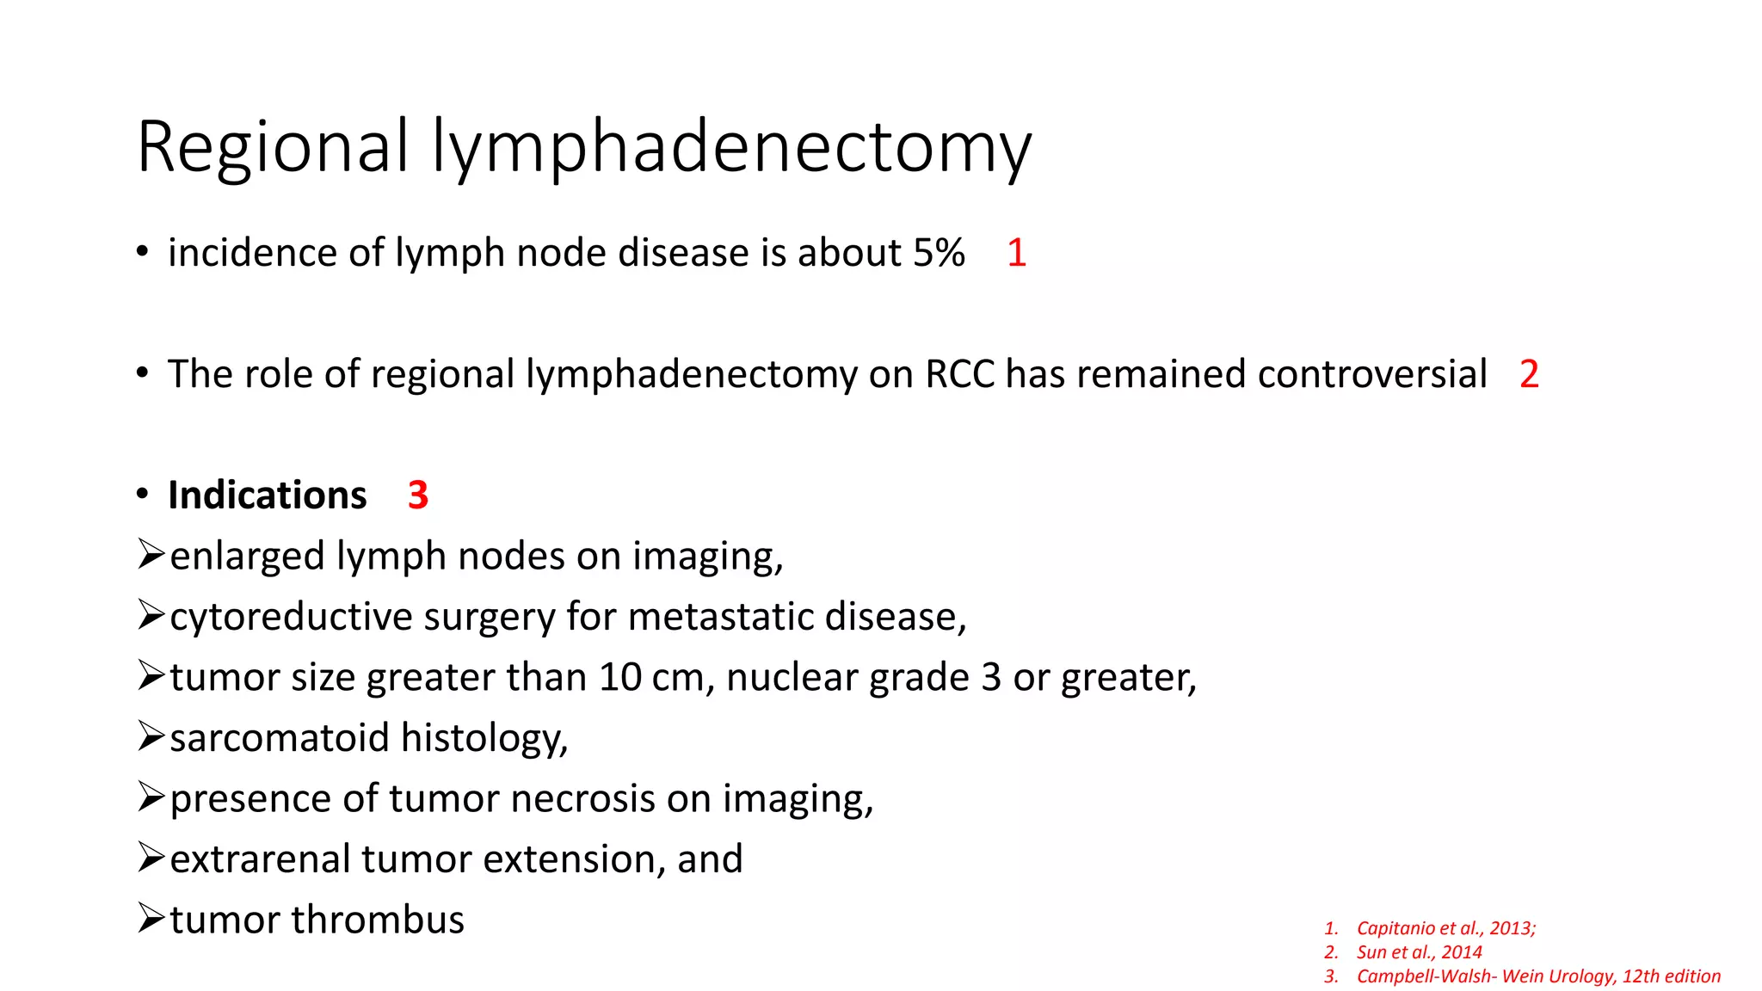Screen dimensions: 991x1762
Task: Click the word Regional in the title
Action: tap(272, 146)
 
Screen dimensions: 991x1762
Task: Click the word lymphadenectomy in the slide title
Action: tap(731, 148)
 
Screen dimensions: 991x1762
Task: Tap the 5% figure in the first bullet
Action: tap(939, 253)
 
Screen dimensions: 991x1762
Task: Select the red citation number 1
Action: tap(1016, 253)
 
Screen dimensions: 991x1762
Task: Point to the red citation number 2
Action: tap(1529, 374)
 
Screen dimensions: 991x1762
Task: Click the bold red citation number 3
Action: tap(418, 495)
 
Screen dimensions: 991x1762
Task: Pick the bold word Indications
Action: tap(268, 495)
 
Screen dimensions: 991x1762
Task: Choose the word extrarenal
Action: tap(260, 859)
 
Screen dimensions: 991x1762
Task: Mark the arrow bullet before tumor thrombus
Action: tap(151, 919)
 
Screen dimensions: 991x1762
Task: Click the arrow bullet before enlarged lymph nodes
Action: tap(151, 555)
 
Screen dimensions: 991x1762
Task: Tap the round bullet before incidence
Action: tap(143, 253)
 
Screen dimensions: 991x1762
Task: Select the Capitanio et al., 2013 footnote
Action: tap(1445, 928)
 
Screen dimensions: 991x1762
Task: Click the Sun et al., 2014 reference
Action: tap(1419, 952)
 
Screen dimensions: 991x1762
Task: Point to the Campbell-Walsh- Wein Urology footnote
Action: tap(1537, 976)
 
